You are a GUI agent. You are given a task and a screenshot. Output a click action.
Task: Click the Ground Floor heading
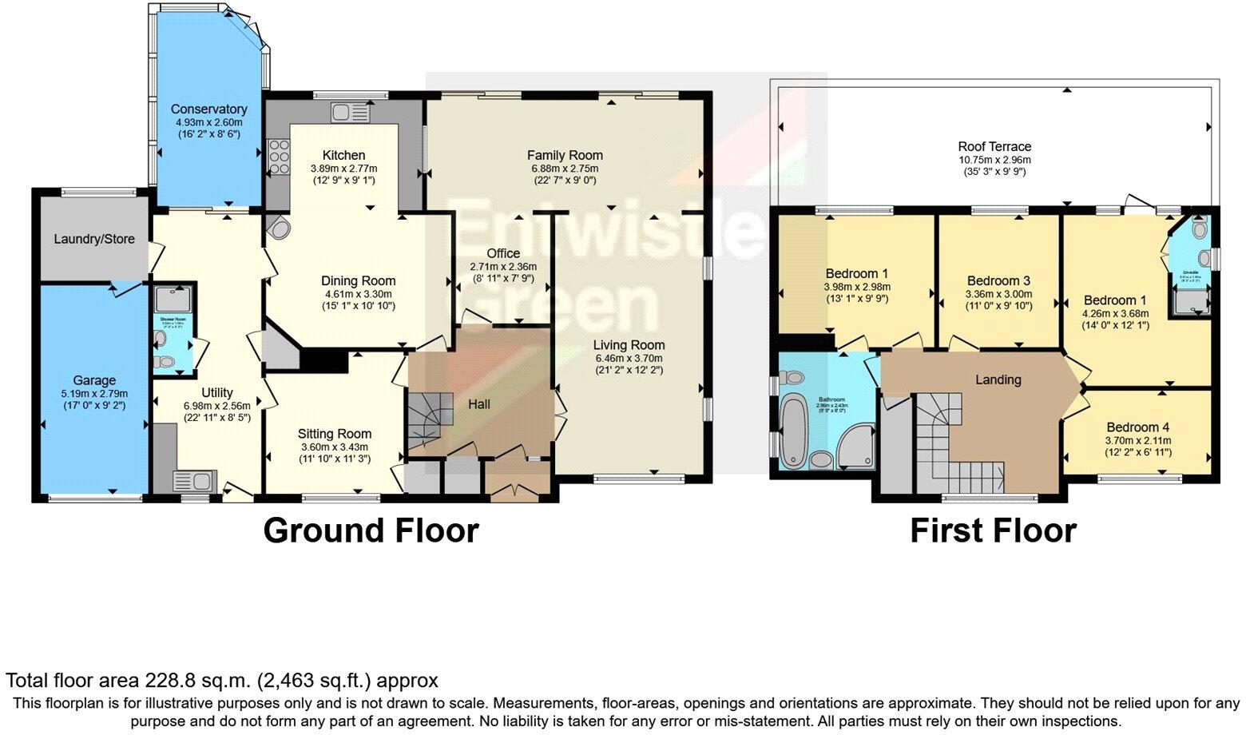click(371, 530)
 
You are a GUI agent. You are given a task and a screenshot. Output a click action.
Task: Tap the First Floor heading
click(993, 530)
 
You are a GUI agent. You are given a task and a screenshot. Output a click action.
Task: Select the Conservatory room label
click(208, 109)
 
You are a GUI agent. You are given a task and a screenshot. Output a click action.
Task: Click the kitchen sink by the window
click(349, 114)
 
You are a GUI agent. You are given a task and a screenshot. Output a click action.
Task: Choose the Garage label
click(94, 380)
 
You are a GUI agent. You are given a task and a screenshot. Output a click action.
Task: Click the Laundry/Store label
click(94, 239)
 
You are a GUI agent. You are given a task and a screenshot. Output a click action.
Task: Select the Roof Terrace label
click(994, 146)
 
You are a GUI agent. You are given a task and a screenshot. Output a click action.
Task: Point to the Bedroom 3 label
click(998, 280)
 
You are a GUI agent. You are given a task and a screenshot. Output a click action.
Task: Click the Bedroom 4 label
click(1137, 427)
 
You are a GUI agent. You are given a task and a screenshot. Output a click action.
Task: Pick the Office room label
click(503, 253)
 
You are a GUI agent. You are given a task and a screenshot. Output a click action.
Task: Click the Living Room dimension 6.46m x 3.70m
click(629, 357)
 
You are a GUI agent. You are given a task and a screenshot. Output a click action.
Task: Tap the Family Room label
click(565, 155)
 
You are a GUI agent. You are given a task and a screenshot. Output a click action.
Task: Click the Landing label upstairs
click(998, 379)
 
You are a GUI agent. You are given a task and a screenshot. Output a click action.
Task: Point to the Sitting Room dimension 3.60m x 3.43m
click(335, 447)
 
